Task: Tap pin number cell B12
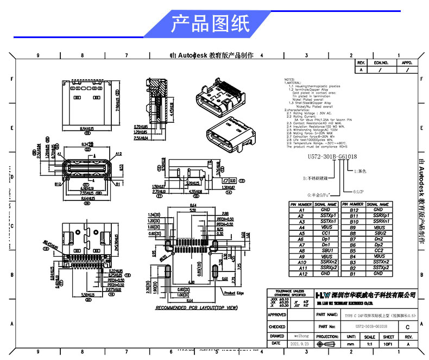(x=354, y=210)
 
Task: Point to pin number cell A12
(x=302, y=274)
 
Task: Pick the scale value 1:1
(x=370, y=344)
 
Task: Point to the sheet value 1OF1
(x=388, y=344)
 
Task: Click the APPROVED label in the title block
(x=277, y=315)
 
